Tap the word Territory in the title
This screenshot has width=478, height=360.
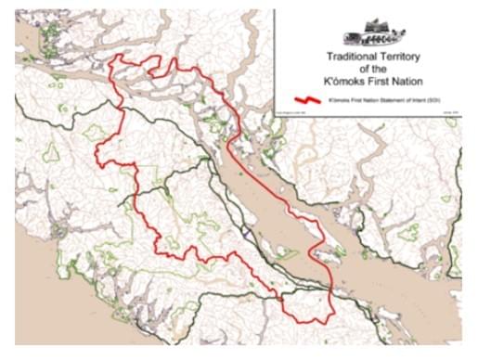(401, 57)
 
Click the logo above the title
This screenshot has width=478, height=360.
(374, 34)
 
